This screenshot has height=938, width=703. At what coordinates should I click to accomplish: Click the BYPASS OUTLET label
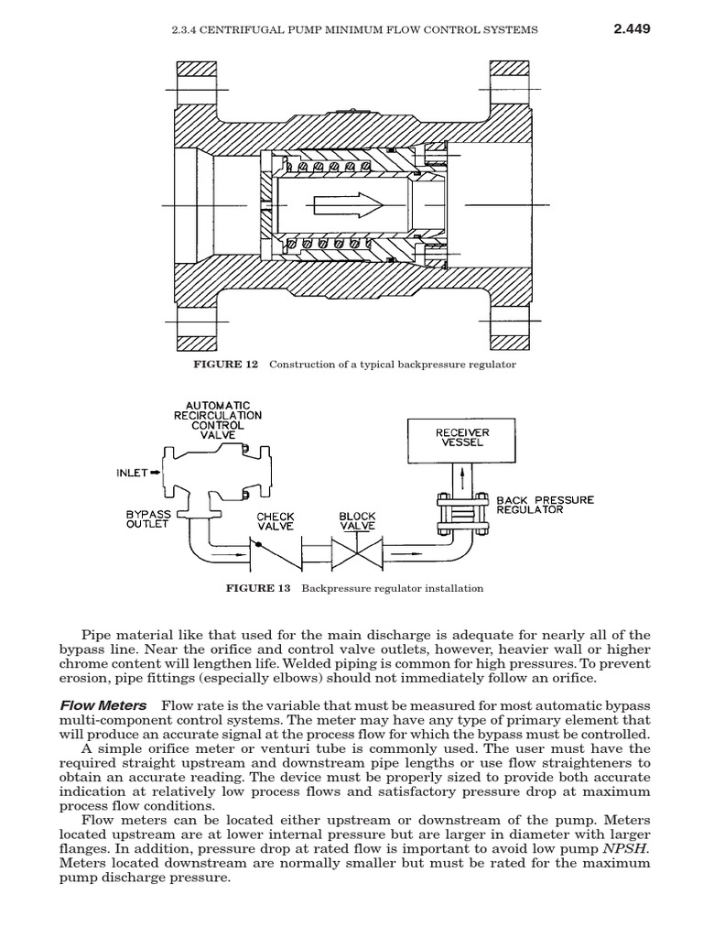point(148,520)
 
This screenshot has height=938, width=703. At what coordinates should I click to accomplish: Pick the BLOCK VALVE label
point(357,521)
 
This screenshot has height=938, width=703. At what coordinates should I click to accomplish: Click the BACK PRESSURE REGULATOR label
point(545,504)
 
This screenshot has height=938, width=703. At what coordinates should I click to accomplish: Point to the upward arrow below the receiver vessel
point(461,479)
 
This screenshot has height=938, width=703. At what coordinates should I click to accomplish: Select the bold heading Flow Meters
point(103,705)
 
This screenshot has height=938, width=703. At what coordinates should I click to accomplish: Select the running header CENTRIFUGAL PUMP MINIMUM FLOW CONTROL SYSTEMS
point(355,29)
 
